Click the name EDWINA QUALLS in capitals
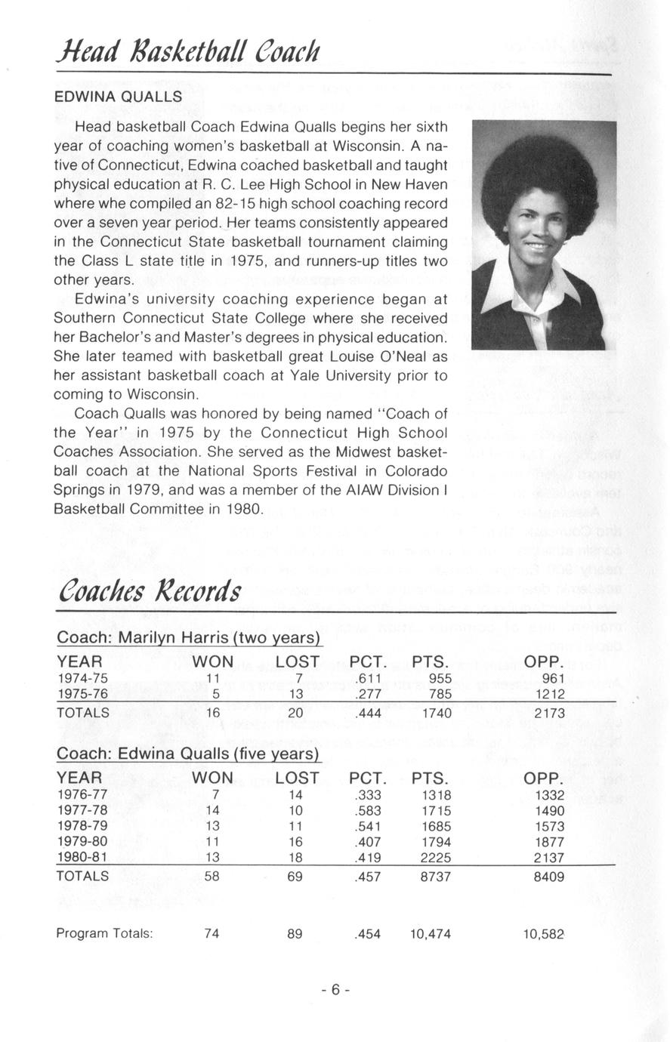(x=117, y=97)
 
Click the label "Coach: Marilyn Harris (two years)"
(x=189, y=638)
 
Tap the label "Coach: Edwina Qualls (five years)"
(x=189, y=754)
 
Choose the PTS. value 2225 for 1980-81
(x=436, y=857)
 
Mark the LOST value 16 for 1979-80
(x=295, y=841)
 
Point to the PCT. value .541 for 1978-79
(x=368, y=826)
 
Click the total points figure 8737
(x=436, y=877)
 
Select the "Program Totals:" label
(x=105, y=933)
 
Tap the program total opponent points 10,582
(x=544, y=934)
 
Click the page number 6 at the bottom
(x=335, y=990)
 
